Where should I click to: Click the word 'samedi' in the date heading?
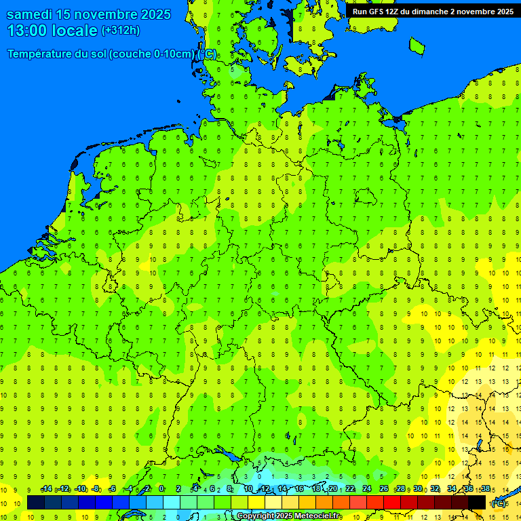point(33,14)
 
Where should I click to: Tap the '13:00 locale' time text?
point(52,31)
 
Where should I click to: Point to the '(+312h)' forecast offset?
point(120,30)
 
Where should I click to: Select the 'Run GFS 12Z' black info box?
point(433,11)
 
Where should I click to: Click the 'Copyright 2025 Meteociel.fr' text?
point(288,516)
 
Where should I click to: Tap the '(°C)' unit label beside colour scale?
point(499,503)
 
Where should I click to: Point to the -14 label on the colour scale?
point(47,489)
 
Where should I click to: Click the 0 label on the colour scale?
point(161,489)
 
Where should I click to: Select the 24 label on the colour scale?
point(367,489)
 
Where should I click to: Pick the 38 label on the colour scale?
point(486,489)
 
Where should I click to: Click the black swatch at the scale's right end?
point(477,503)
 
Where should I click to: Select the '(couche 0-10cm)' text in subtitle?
point(152,54)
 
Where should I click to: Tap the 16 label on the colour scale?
point(299,489)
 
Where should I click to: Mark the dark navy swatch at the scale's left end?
point(36,503)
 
